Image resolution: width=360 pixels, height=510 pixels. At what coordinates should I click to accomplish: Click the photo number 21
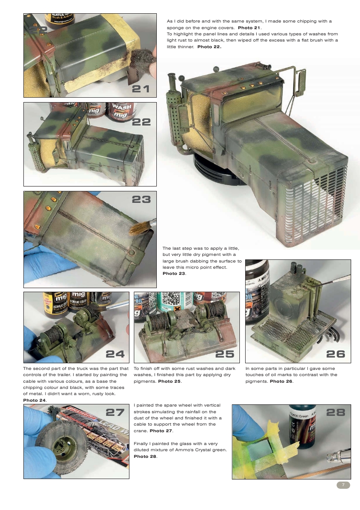coord(141,89)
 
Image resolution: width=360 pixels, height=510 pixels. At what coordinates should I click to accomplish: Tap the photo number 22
coord(141,122)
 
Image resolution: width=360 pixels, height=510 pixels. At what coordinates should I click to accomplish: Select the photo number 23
coord(141,200)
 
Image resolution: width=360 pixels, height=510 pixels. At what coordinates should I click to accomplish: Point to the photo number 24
coord(115,354)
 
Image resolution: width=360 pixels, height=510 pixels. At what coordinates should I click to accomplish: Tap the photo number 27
coord(115,412)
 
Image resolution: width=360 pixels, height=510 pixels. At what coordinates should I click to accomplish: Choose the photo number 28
coord(335,412)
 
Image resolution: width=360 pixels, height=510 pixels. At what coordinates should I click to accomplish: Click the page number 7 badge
coord(343,485)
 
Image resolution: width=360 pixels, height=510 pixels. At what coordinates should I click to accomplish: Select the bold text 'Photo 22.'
coord(209,46)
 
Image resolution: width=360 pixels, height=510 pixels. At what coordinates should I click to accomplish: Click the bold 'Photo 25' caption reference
coord(170,381)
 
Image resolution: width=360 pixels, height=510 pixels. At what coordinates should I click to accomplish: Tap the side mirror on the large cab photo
coord(300,82)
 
